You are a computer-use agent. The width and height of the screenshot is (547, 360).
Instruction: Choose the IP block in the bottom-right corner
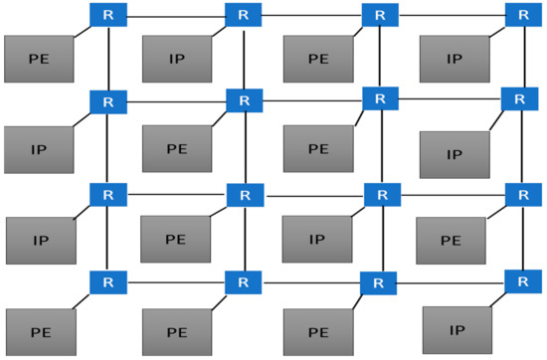click(456, 329)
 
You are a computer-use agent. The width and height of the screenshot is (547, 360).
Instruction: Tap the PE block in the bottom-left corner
click(41, 332)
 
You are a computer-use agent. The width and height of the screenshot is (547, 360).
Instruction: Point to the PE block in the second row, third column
click(317, 149)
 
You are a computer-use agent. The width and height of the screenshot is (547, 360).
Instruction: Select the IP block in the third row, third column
click(316, 240)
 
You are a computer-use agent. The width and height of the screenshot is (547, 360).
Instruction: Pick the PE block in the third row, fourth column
click(452, 240)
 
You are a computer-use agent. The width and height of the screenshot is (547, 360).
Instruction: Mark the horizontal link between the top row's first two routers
click(175, 16)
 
